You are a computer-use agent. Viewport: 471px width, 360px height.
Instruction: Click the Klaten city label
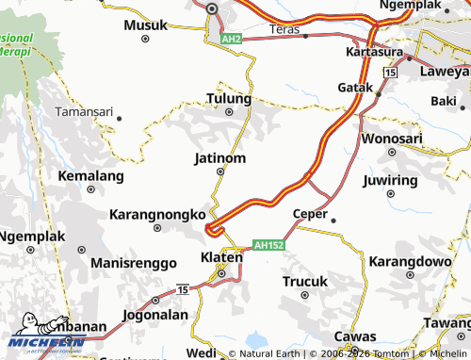point(221,256)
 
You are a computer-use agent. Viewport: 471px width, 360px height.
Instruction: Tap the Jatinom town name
point(219,157)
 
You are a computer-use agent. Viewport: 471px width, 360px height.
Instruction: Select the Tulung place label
point(229,99)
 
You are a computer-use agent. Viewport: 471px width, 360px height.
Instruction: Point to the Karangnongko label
point(158,215)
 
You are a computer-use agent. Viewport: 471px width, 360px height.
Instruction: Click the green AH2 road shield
point(232,40)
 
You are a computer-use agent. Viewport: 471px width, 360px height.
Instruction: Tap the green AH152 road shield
point(268,244)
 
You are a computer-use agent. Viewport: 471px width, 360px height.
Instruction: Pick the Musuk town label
point(144,25)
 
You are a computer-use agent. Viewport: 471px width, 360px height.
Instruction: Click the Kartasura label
point(375,51)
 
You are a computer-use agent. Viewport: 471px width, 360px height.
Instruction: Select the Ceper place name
point(310,214)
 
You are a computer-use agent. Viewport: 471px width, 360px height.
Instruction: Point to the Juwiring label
point(389,179)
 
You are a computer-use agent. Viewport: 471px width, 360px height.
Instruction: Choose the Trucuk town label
point(305,281)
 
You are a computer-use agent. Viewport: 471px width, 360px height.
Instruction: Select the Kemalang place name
point(90,176)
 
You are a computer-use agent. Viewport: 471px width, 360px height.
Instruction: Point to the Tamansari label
point(84,111)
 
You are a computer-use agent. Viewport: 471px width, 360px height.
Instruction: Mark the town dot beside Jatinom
point(220,172)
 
